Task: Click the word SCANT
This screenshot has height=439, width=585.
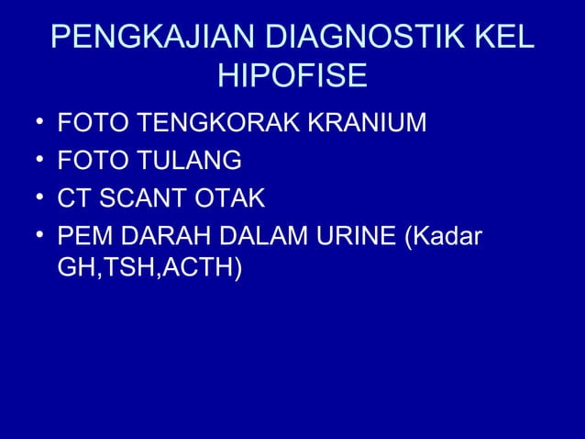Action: pos(139,198)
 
